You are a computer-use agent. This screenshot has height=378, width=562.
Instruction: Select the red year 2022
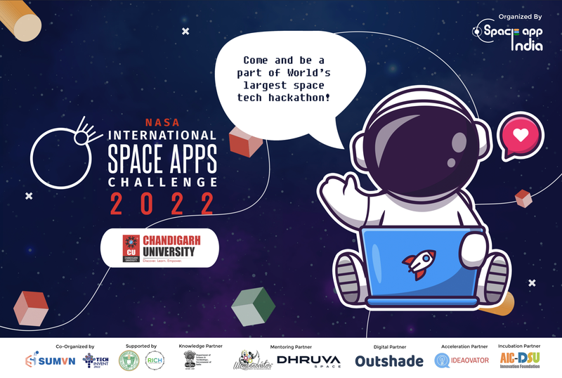(161, 204)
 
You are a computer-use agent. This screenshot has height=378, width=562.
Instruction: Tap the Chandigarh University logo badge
(160, 247)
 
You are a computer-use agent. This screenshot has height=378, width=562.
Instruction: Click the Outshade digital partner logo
(388, 361)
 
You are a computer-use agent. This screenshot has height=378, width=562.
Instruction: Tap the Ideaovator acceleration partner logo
(459, 361)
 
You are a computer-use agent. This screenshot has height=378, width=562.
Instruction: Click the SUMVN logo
(46, 362)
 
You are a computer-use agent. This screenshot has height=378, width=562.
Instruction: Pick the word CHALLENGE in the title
(161, 181)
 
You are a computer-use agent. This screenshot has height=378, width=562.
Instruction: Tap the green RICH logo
(155, 361)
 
